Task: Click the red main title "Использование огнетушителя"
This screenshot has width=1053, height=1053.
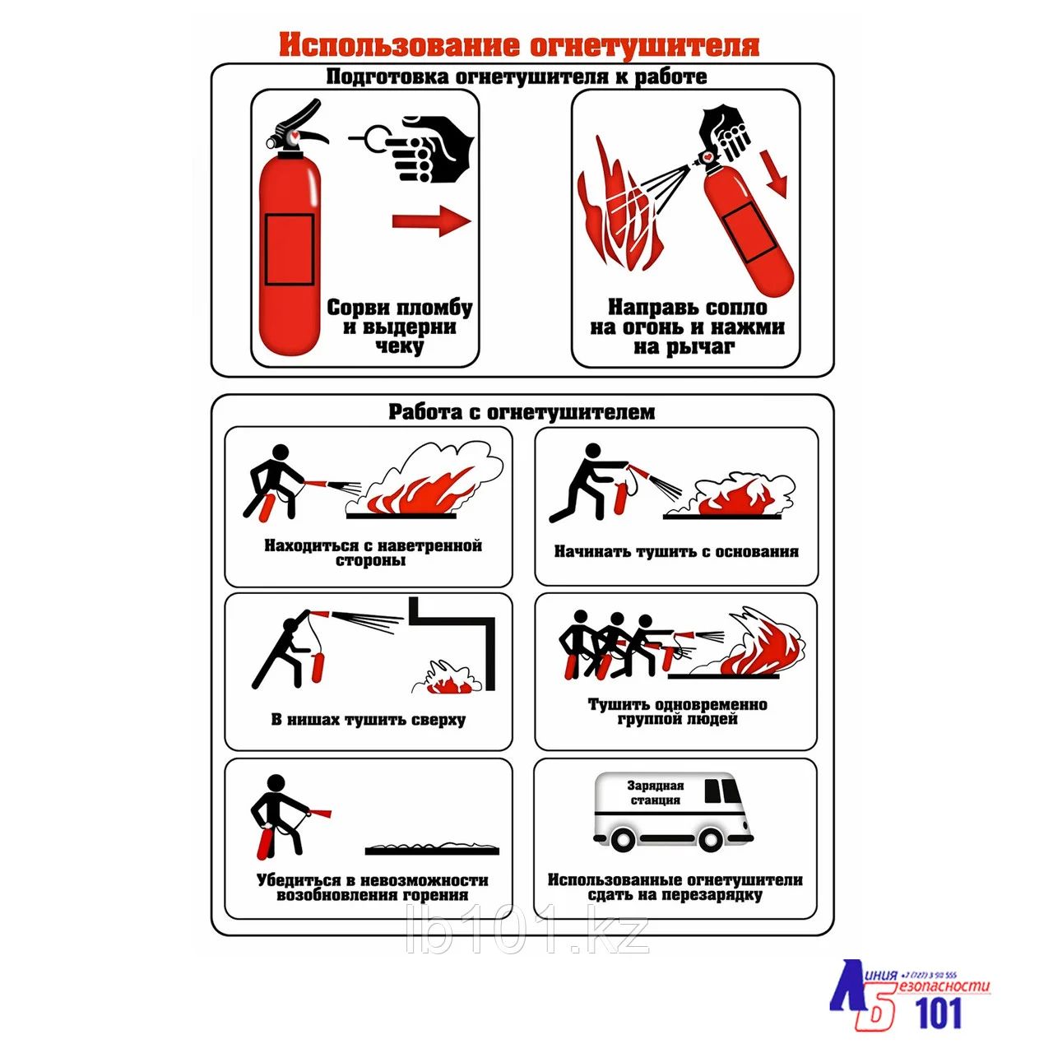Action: (519, 45)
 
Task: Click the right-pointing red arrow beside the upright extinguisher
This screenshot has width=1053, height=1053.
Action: (432, 221)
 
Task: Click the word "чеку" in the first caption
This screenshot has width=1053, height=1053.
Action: (400, 346)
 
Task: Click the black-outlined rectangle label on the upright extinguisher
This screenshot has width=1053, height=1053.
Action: (290, 250)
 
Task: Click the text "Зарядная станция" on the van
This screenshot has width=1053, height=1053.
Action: (655, 793)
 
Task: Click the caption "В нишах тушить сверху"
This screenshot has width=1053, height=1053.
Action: (369, 719)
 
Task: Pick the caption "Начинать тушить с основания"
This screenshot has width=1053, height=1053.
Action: (676, 551)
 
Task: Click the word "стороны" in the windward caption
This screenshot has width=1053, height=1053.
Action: (370, 561)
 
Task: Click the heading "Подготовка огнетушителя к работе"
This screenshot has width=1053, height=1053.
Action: (517, 77)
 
